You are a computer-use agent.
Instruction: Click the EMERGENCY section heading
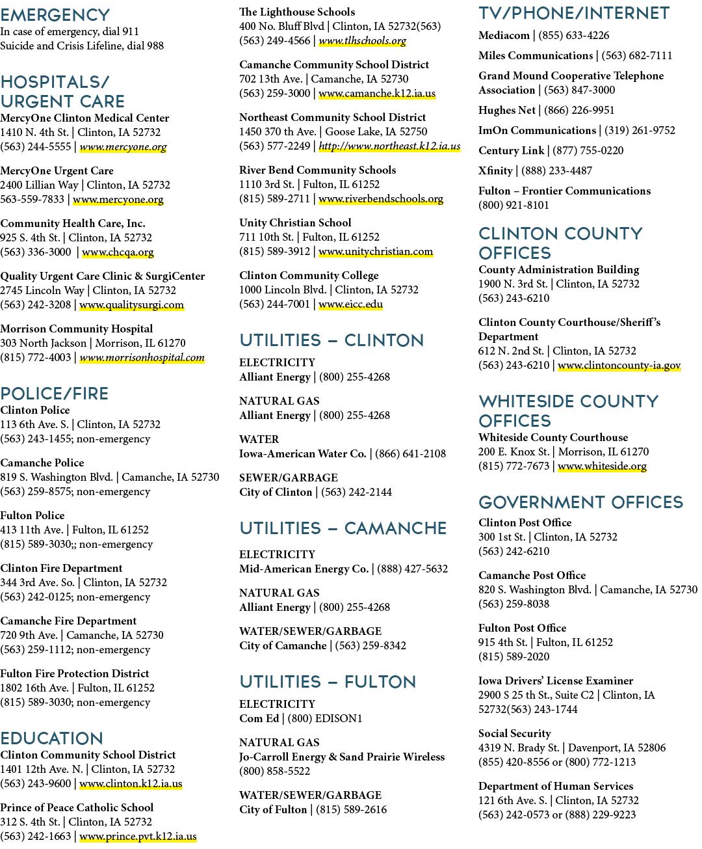(x=55, y=15)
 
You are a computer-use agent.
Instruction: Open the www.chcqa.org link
(x=118, y=252)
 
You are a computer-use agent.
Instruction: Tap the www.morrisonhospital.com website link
(x=142, y=357)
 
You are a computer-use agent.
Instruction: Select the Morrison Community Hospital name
(x=77, y=329)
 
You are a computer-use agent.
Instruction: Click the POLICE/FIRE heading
(x=54, y=394)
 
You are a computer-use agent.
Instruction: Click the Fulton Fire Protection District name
(x=74, y=673)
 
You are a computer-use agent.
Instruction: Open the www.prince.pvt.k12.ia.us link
(x=138, y=837)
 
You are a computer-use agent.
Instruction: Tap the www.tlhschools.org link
(x=363, y=40)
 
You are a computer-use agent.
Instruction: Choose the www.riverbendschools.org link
(x=381, y=199)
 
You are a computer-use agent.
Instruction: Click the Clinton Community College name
(x=309, y=275)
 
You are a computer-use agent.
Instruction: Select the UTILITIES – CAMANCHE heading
(x=343, y=528)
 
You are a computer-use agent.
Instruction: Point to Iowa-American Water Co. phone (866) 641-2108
(x=410, y=453)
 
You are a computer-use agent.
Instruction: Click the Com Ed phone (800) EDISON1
(x=324, y=718)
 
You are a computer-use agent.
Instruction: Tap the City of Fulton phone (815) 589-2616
(x=352, y=809)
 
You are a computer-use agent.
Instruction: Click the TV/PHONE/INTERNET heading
(x=573, y=13)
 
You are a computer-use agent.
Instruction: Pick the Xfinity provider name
(x=495, y=170)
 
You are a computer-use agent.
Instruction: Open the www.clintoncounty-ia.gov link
(x=619, y=365)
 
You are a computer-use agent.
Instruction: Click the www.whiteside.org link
(x=602, y=466)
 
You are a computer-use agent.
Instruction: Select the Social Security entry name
(x=515, y=733)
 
